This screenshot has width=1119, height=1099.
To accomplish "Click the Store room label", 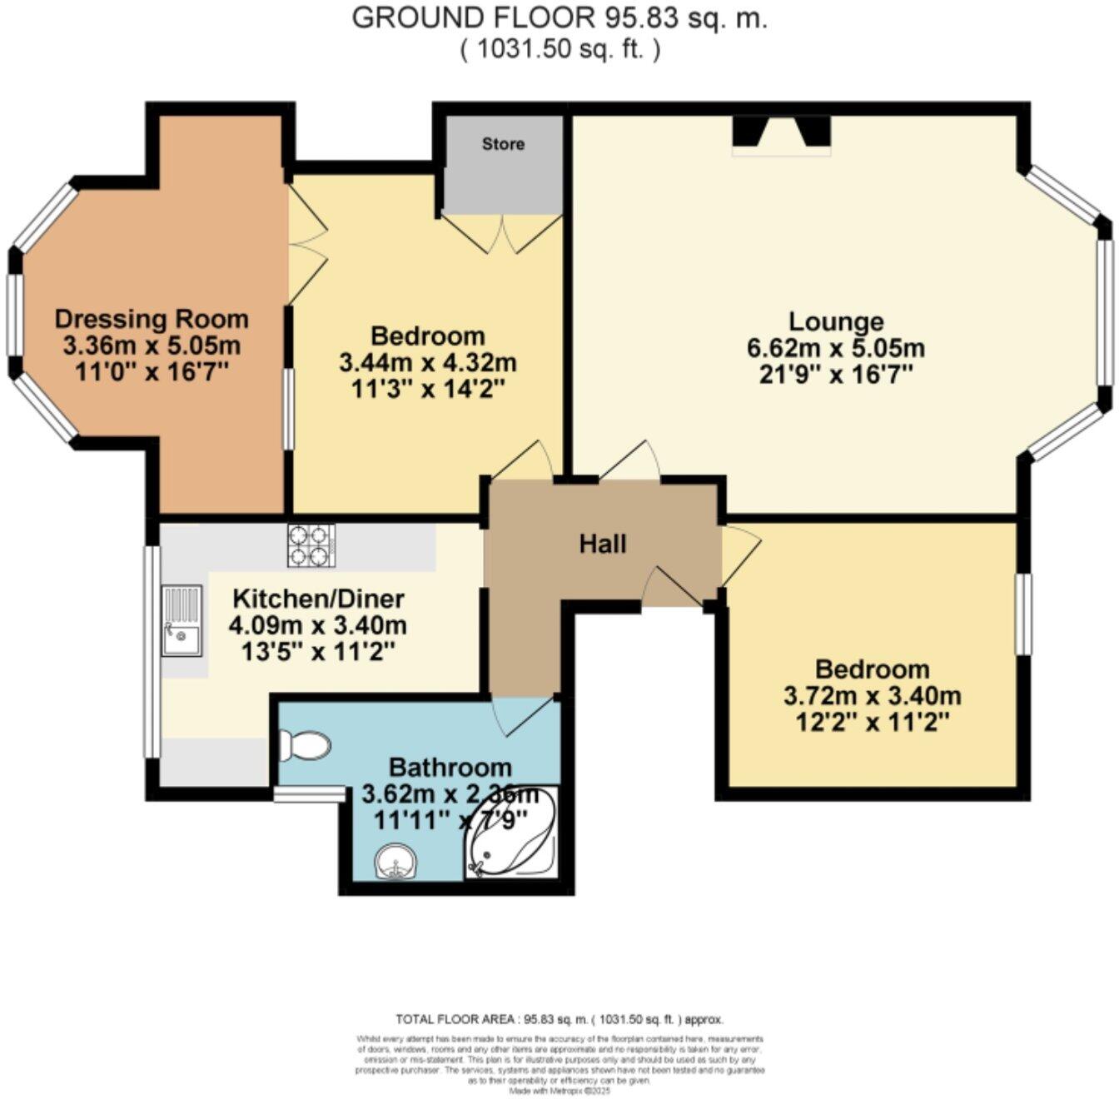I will (503, 144).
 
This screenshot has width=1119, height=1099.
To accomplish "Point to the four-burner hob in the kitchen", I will (311, 545).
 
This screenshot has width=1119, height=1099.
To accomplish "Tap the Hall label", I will (602, 545).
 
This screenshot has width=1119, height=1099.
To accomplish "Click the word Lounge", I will (836, 321).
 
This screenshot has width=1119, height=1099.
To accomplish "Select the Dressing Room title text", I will (152, 319).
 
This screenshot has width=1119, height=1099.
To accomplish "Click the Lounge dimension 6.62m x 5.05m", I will (836, 347).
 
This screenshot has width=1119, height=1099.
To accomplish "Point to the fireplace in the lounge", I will (781, 136).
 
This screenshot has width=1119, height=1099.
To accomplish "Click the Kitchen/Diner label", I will (318, 598).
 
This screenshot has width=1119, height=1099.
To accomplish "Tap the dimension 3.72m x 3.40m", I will (872, 695).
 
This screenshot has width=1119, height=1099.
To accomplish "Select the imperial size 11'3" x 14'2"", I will (428, 389).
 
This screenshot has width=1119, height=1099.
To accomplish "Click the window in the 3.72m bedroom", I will (1022, 614).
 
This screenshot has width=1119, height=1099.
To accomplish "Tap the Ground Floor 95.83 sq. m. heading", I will (559, 18).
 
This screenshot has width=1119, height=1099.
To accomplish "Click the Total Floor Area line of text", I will (559, 1019).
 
